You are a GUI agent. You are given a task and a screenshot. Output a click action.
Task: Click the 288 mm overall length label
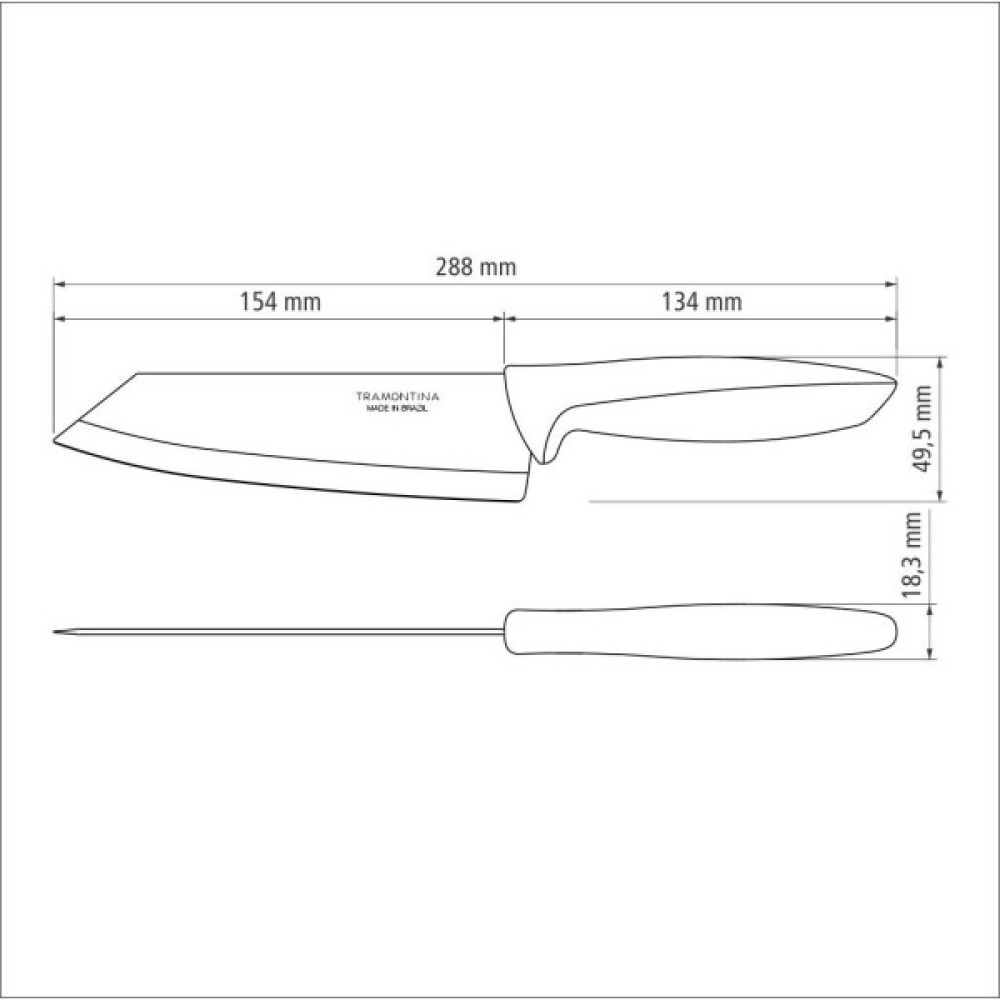click(476, 267)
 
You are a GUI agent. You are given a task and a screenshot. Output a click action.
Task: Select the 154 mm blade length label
click(280, 301)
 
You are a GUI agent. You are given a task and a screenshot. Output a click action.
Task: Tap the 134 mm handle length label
click(702, 301)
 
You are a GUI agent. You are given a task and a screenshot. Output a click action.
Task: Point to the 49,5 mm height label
click(922, 428)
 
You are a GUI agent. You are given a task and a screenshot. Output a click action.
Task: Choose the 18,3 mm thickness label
click(912, 554)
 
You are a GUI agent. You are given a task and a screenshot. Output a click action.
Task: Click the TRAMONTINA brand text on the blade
click(397, 397)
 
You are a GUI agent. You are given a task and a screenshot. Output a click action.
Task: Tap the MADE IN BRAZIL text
click(397, 409)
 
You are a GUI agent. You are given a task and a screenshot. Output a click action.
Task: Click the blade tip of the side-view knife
click(54, 440)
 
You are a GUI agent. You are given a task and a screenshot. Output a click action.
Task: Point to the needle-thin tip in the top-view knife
click(55, 632)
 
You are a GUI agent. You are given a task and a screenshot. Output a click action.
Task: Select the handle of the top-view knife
click(700, 631)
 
